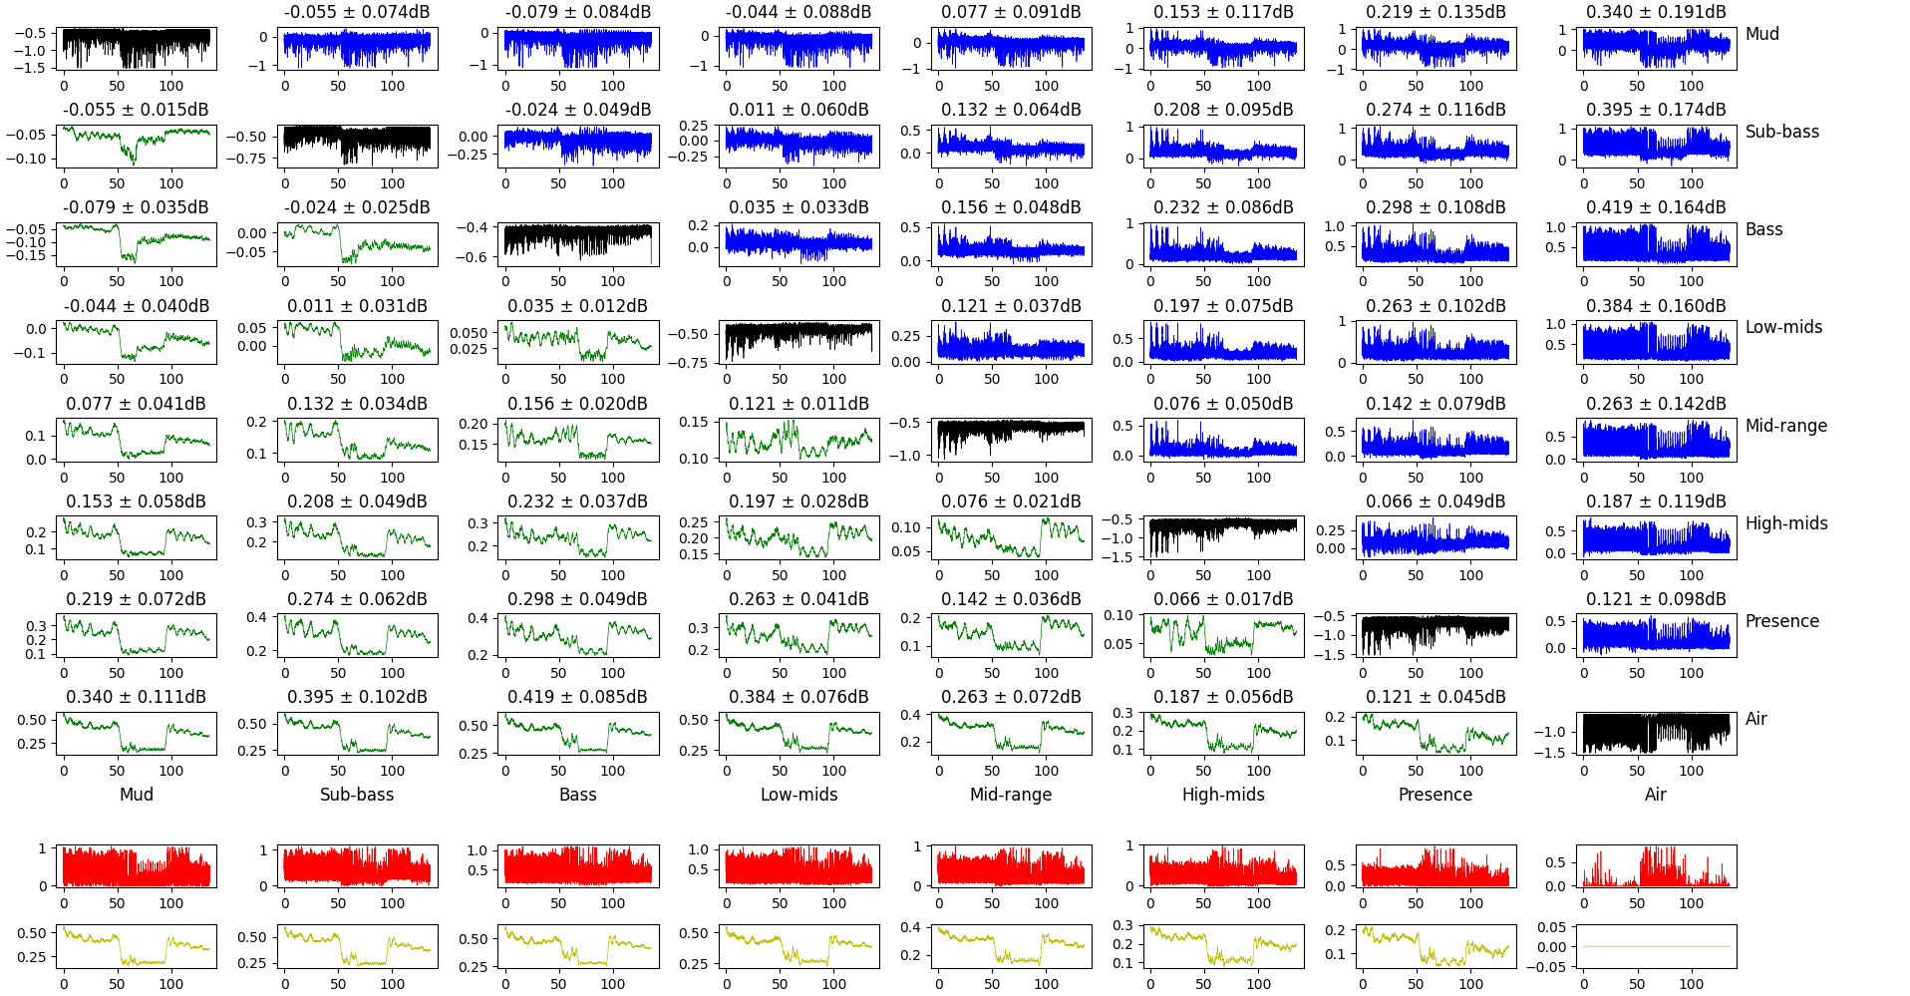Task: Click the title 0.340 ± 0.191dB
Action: (1656, 12)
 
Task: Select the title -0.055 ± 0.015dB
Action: (137, 110)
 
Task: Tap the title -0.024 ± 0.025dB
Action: (357, 207)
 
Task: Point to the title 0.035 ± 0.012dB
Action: (577, 306)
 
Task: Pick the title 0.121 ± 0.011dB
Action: (798, 404)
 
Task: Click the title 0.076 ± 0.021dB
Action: (1011, 501)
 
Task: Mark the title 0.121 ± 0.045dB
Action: (1435, 697)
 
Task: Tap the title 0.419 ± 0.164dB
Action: (1656, 207)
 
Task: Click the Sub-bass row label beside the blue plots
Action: (1781, 132)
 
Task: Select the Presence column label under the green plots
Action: (1434, 795)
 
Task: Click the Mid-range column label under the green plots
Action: (1011, 795)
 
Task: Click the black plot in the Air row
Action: (1656, 733)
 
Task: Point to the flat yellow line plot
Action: (1656, 946)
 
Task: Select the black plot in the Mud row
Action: (137, 48)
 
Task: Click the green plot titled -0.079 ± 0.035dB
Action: (137, 243)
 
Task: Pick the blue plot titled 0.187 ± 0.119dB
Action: (1656, 537)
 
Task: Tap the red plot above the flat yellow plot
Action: (1656, 866)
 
